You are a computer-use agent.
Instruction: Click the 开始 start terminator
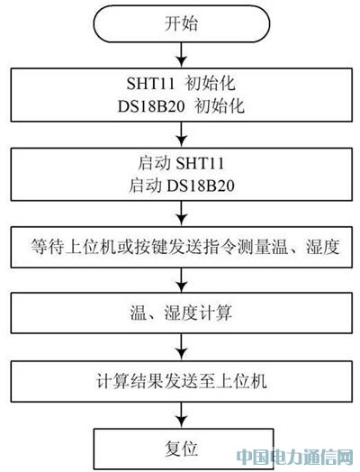pyautogui.click(x=182, y=23)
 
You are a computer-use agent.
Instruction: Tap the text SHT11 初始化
pyautogui.click(x=181, y=84)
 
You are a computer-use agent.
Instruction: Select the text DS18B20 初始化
pyautogui.click(x=181, y=106)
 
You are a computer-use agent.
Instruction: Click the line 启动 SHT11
pyautogui.click(x=181, y=163)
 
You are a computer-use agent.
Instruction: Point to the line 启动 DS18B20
pyautogui.click(x=182, y=186)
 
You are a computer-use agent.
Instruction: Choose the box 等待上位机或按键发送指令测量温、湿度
pyautogui.click(x=182, y=247)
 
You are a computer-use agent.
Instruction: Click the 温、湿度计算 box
pyautogui.click(x=182, y=313)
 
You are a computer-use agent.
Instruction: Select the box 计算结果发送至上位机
pyautogui.click(x=182, y=381)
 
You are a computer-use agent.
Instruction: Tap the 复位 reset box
pyautogui.click(x=184, y=449)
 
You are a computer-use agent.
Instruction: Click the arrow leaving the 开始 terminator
pyautogui.click(x=182, y=55)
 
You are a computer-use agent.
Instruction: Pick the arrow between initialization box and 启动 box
pyautogui.click(x=182, y=134)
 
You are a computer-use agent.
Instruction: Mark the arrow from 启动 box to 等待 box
pyautogui.click(x=182, y=213)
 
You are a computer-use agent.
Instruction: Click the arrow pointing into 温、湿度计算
pyautogui.click(x=182, y=280)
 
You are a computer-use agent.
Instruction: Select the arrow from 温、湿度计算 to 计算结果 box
pyautogui.click(x=182, y=347)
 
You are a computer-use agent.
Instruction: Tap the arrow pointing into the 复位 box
pyautogui.click(x=182, y=415)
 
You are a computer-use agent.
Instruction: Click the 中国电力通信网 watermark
pyautogui.click(x=294, y=458)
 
